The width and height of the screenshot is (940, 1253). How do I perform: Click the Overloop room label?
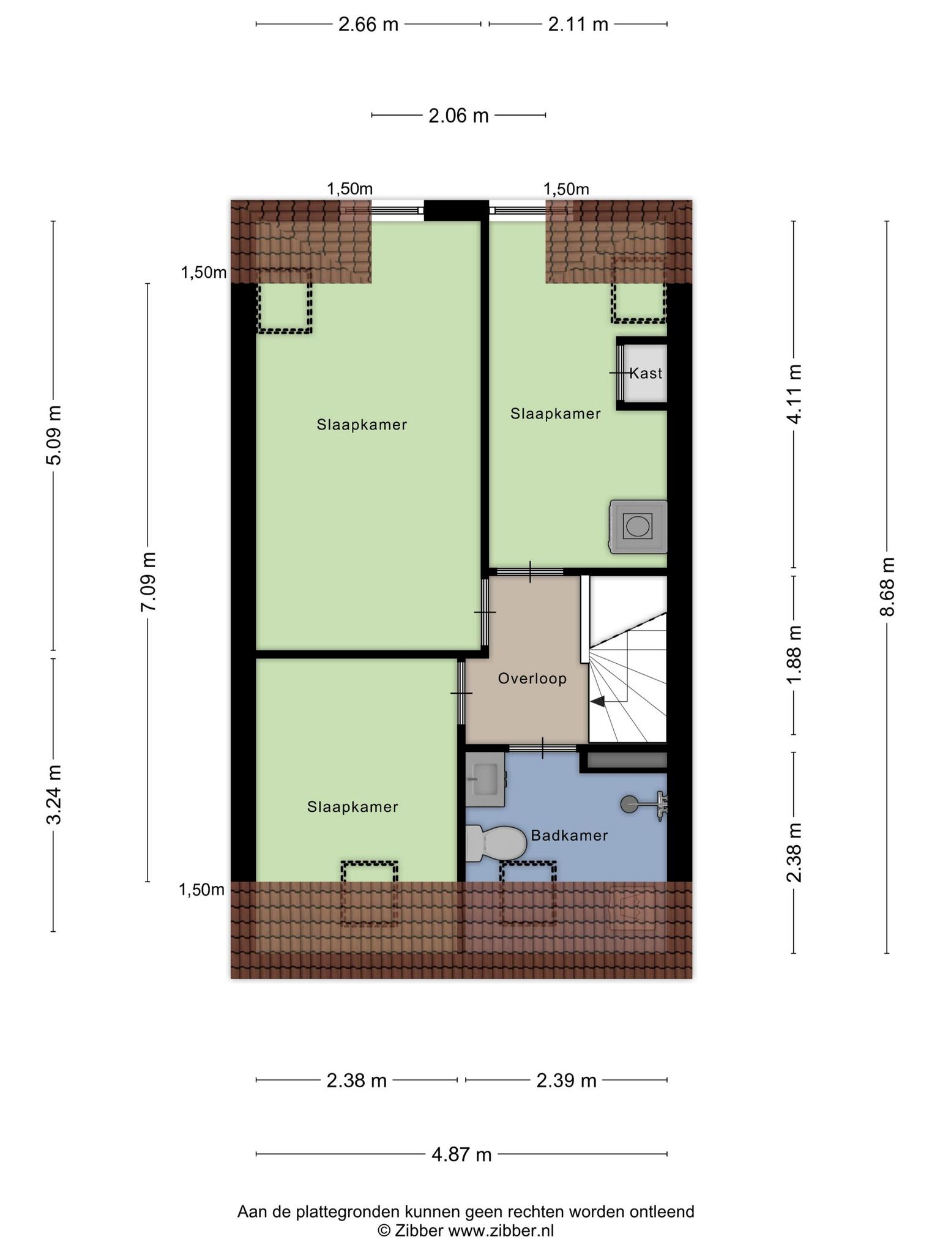click(532, 679)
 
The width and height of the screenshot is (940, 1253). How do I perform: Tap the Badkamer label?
click(569, 836)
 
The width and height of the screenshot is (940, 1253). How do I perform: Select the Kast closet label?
click(646, 373)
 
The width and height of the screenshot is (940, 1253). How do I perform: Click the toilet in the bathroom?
click(496, 843)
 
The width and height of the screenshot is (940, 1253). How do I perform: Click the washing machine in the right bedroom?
click(638, 527)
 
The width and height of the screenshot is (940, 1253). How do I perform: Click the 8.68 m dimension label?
click(887, 587)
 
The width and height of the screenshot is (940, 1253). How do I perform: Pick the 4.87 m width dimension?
click(461, 1154)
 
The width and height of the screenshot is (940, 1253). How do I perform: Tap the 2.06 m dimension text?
click(458, 116)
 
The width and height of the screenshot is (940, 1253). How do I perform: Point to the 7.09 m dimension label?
click(148, 582)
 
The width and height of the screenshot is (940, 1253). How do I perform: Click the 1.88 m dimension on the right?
click(794, 655)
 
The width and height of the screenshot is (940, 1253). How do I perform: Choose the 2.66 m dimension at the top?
click(368, 24)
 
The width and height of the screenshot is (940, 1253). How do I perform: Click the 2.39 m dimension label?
click(566, 1081)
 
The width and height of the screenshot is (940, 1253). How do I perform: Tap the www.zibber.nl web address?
click(501, 1230)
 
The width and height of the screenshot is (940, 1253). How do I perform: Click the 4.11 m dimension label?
click(794, 394)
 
